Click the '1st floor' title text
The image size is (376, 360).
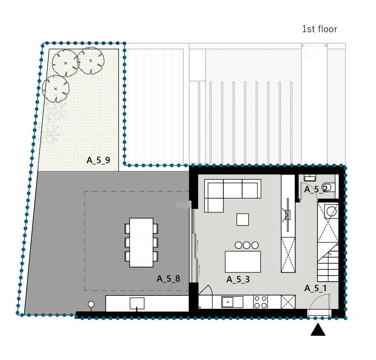320,29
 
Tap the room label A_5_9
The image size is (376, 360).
98,160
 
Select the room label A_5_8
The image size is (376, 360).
168,278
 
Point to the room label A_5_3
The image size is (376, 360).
238,279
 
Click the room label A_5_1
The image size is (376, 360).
316,288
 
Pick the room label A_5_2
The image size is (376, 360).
316,189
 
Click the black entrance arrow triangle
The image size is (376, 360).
318,329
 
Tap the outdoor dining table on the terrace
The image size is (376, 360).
141,242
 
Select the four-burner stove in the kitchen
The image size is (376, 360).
261,302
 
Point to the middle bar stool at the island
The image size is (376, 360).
247,245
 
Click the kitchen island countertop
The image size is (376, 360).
243,261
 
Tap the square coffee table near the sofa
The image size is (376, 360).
243,220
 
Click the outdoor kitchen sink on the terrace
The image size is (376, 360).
137,304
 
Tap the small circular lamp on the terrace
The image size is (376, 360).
91,304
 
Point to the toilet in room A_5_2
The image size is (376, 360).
327,187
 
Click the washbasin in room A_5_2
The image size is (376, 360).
310,178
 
